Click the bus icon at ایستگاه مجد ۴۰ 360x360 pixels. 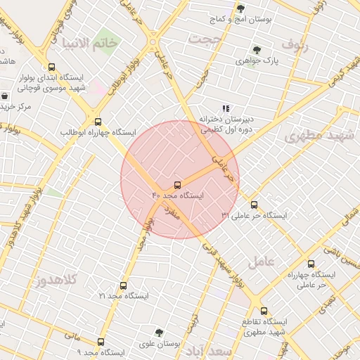point(177,185)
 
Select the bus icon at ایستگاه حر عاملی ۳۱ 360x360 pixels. point(254,205)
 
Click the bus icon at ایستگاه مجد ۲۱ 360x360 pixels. point(124,285)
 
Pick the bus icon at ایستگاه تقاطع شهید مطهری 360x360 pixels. point(264,311)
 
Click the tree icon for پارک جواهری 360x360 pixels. point(257,50)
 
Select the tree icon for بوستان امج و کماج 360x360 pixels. point(240,9)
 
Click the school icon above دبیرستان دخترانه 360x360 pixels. point(226,108)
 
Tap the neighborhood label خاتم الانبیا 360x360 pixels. point(89,44)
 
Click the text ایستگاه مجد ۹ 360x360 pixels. point(101,352)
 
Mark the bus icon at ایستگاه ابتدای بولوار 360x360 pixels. point(51,67)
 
